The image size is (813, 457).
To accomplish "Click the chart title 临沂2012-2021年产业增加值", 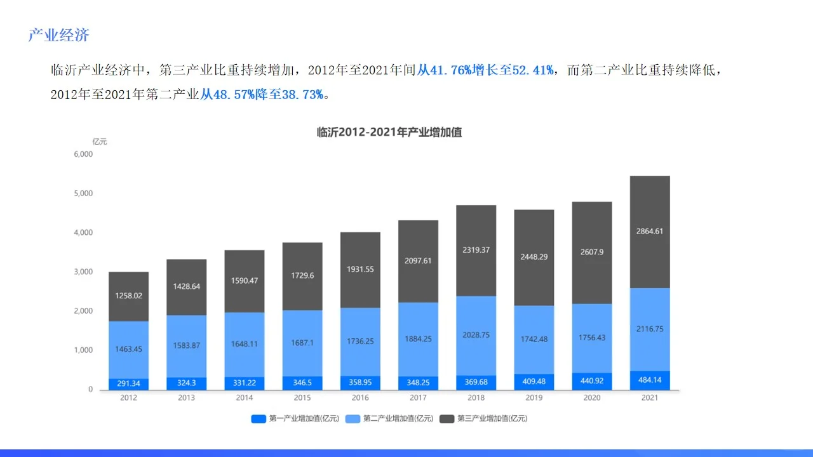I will tap(389, 133).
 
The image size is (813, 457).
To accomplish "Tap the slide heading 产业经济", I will tap(58, 36).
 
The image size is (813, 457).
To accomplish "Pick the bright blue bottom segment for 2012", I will tap(128, 384).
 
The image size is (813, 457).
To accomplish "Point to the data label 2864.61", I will tap(649, 231).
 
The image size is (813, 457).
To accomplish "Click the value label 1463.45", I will tap(128, 349).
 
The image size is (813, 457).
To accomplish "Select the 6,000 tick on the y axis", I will tap(83, 154).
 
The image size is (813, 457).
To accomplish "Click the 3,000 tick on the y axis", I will tap(83, 272).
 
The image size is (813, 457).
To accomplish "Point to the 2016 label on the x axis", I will tap(359, 398).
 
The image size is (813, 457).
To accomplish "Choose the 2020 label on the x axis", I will tap(591, 398).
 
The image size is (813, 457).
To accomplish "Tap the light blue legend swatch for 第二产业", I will tap(353, 419).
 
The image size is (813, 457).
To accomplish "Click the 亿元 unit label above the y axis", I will tap(100, 142).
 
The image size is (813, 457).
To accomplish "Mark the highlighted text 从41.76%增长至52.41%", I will tap(485, 70).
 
